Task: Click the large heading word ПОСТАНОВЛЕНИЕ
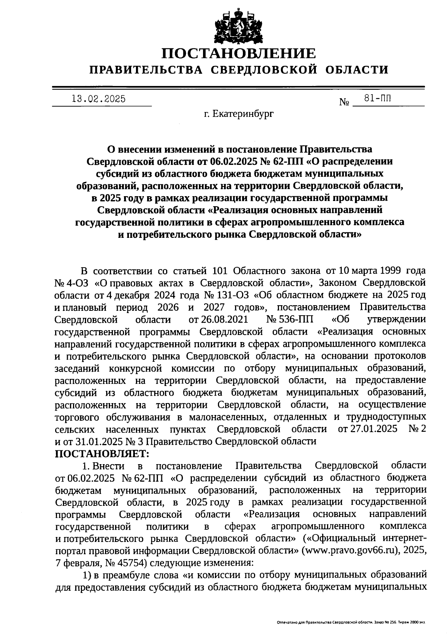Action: pyautogui.click(x=238, y=53)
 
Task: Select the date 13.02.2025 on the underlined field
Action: pyautogui.click(x=98, y=99)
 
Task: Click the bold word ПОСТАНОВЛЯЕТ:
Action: pyautogui.click(x=102, y=453)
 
